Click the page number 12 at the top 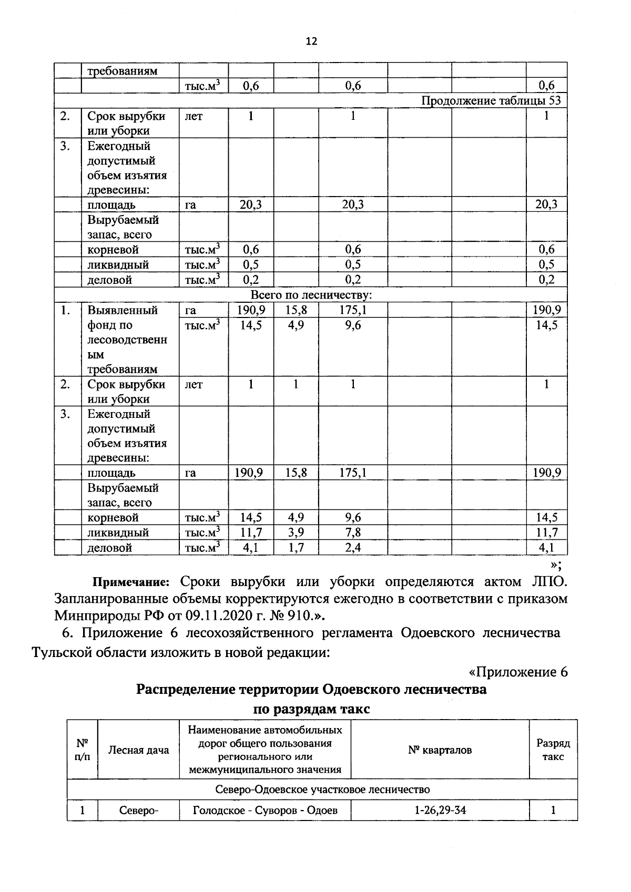[311, 42]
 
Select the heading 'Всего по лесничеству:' [311, 295]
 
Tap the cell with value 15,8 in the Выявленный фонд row [296, 310]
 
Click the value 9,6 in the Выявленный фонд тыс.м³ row [353, 325]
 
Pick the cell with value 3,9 [296, 532]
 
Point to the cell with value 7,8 [353, 532]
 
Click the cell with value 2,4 [353, 548]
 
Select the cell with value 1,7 [296, 548]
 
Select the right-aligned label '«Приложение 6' [518, 672]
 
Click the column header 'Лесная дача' [138, 750]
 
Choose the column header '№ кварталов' [440, 750]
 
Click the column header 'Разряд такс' [553, 750]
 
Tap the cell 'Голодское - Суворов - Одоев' [265, 810]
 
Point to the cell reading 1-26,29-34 [440, 810]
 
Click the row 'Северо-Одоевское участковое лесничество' [322, 790]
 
